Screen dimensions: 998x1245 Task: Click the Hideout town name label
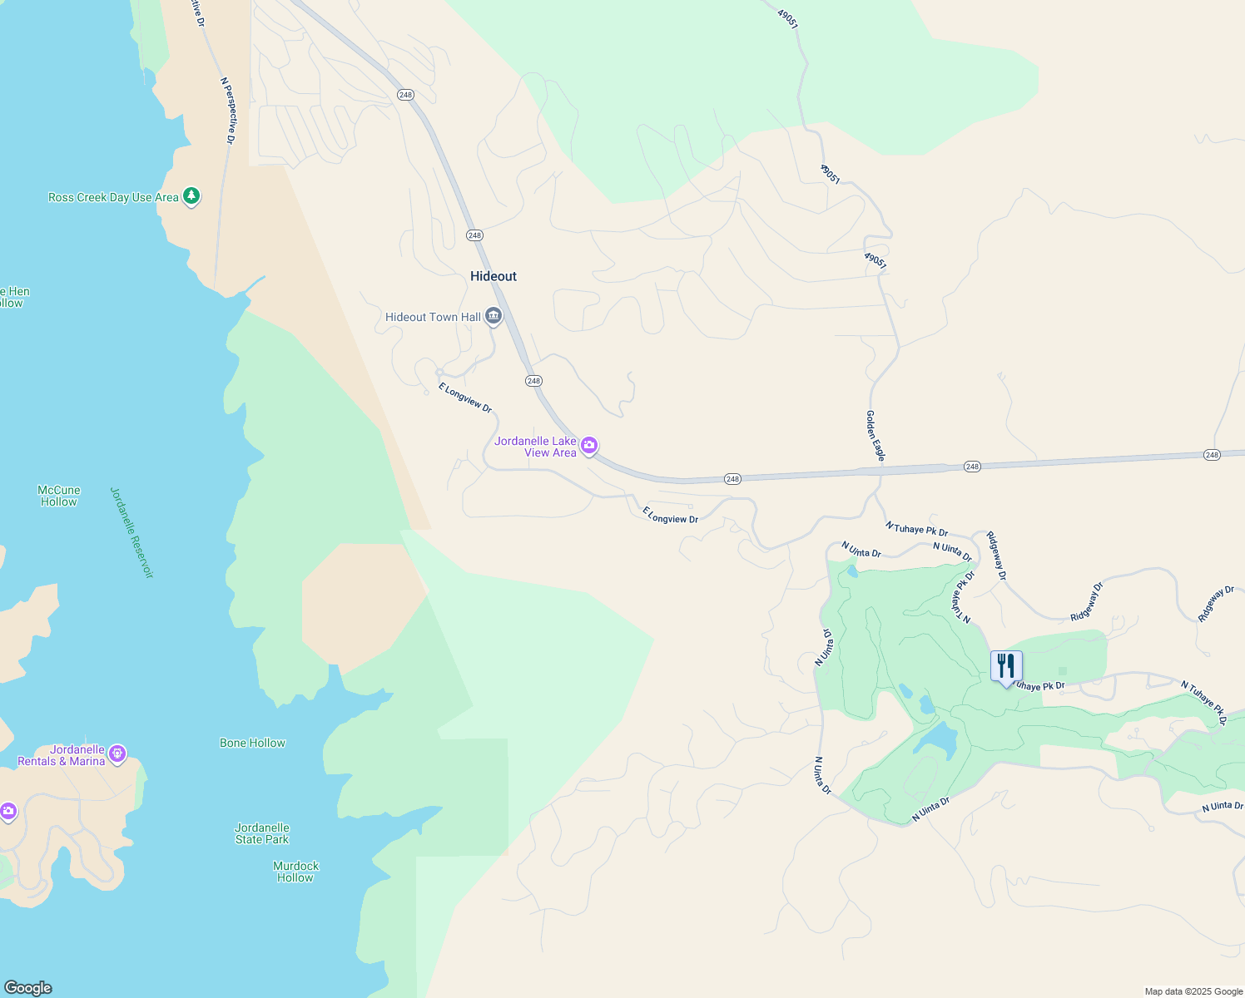coord(494,276)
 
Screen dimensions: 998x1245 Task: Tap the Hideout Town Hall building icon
coord(494,317)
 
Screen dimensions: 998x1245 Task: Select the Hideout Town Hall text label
coord(433,317)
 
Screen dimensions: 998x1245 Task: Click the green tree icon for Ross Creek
coord(191,196)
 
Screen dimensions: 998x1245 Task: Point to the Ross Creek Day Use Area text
coord(113,197)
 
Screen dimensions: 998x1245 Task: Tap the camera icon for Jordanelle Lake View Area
coord(589,446)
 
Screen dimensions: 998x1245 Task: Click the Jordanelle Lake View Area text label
coord(536,447)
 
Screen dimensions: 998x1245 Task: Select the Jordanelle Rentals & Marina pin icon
coord(117,753)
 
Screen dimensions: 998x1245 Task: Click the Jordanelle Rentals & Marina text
coord(62,755)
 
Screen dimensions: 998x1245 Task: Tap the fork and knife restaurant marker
coord(1006,666)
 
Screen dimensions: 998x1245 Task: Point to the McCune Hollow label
coord(59,496)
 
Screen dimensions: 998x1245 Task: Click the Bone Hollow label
coord(252,743)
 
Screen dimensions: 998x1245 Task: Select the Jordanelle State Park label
coord(262,833)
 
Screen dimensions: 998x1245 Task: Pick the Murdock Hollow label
coord(296,872)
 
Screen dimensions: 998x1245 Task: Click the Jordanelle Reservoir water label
coord(132,532)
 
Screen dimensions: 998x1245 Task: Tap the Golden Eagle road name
coord(875,435)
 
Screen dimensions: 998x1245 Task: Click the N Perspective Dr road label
coord(228,111)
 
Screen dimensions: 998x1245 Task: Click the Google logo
coord(27,988)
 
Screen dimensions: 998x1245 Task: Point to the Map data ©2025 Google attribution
coord(1193,991)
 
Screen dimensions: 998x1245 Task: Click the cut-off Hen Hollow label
coord(14,297)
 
